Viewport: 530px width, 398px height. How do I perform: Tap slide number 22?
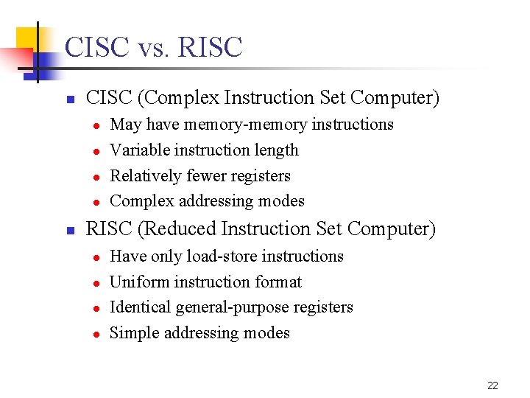[x=492, y=385]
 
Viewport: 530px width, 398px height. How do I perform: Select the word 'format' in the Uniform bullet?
[x=279, y=282]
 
